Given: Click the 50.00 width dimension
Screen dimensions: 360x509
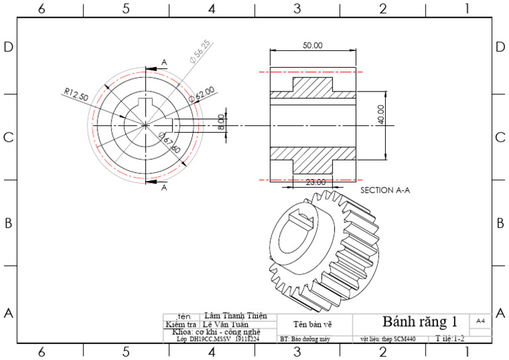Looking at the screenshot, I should tap(312, 46).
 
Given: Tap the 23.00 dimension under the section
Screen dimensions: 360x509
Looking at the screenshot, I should tap(315, 182).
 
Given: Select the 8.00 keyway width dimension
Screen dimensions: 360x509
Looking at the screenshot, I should tap(221, 122).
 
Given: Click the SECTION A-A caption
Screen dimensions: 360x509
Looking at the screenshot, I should tap(385, 190).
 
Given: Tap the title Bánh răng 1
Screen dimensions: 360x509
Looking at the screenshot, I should tap(420, 322).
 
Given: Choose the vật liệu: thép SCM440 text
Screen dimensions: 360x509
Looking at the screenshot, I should tap(388, 339).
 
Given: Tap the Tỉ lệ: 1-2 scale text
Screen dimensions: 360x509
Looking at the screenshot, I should tap(451, 339).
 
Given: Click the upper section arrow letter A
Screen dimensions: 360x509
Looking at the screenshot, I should tap(164, 62).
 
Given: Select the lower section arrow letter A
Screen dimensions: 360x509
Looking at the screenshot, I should tap(164, 188).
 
